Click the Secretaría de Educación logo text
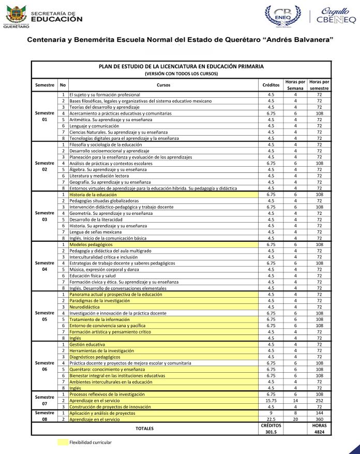pyautogui.click(x=57, y=16)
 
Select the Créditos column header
pyautogui.click(x=271, y=84)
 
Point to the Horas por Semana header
pyautogui.click(x=295, y=84)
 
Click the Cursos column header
pyautogui.click(x=163, y=84)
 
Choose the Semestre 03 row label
pyautogui.click(x=44, y=216)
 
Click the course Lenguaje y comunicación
pyautogui.click(x=91, y=126)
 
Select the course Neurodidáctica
pyautogui.click(x=85, y=307)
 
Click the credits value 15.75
pyautogui.click(x=271, y=401)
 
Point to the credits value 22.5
pyautogui.click(x=271, y=419)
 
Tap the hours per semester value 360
pyautogui.click(x=320, y=419)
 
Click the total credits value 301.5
pyautogui.click(x=271, y=431)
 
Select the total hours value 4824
pyautogui.click(x=320, y=431)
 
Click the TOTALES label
pyautogui.click(x=144, y=429)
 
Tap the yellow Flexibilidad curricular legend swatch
pyautogui.click(x=62, y=443)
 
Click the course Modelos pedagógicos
pyautogui.click(x=91, y=244)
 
